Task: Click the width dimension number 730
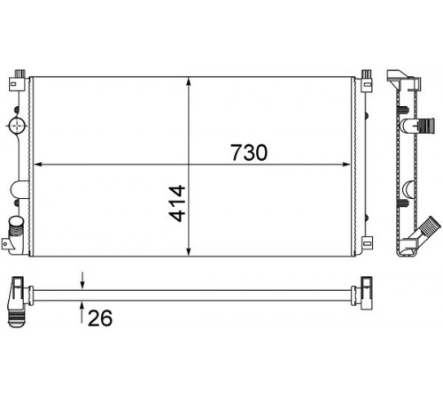pyautogui.click(x=249, y=152)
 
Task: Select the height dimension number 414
pyautogui.click(x=177, y=203)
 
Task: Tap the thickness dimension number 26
pyautogui.click(x=100, y=318)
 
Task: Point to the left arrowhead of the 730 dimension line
pyautogui.click(x=39, y=165)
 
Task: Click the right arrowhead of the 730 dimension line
pyautogui.click(x=346, y=165)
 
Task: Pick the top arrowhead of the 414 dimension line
pyautogui.click(x=189, y=82)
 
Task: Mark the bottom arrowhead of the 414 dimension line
pyautogui.click(x=189, y=251)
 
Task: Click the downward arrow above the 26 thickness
pyautogui.click(x=82, y=280)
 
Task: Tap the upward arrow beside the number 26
pyautogui.click(x=82, y=312)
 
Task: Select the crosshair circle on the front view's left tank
pyautogui.click(x=18, y=126)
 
